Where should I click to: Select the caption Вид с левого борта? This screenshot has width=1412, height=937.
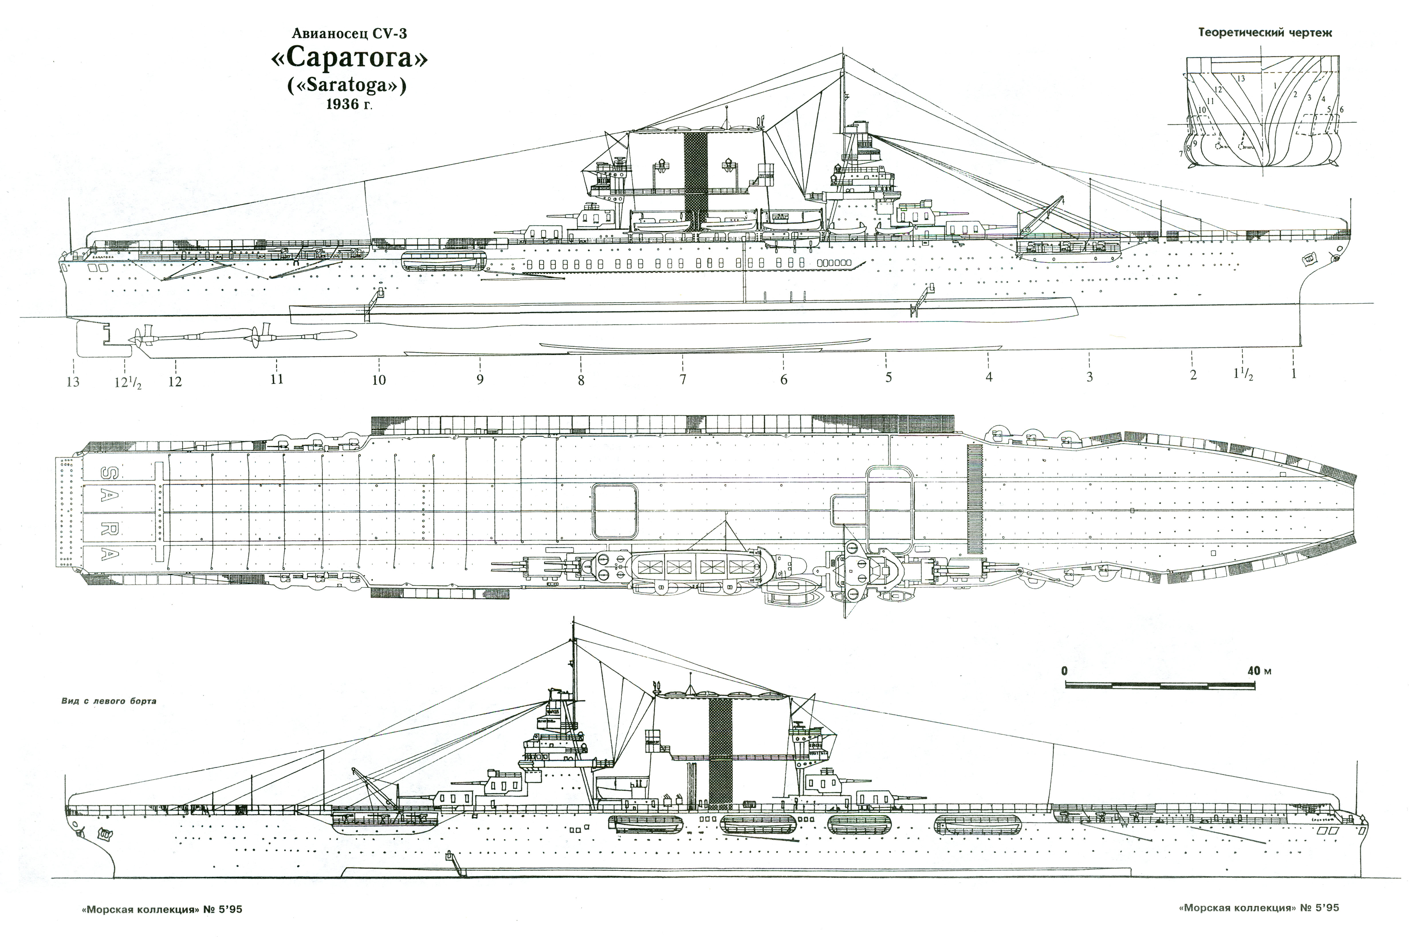click(109, 701)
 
